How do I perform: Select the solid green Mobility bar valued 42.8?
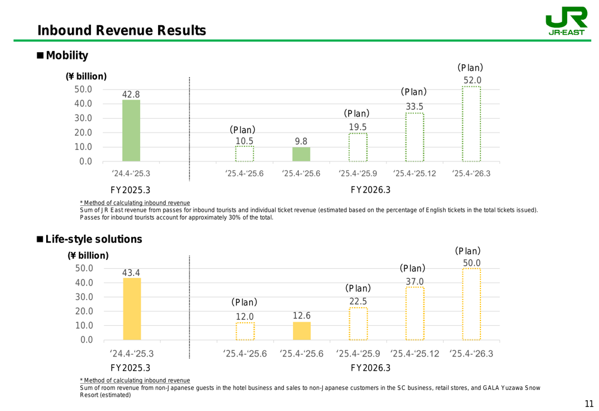click(131, 130)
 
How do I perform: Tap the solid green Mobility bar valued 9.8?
click(301, 154)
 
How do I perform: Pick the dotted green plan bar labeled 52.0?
click(471, 124)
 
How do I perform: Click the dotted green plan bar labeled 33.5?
click(415, 137)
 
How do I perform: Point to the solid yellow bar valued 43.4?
click(132, 309)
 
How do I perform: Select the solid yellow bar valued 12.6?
click(302, 331)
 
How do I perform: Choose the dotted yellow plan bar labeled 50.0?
click(471, 304)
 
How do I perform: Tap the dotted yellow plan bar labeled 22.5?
click(358, 324)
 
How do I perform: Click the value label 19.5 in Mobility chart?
click(358, 127)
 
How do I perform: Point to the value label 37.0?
click(415, 281)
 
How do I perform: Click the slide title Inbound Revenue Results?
click(122, 31)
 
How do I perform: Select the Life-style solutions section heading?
click(94, 239)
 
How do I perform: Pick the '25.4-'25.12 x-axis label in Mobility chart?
click(415, 173)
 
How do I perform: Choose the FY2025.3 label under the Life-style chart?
click(130, 368)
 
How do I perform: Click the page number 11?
click(589, 403)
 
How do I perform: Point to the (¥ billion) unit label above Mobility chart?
click(86, 76)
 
